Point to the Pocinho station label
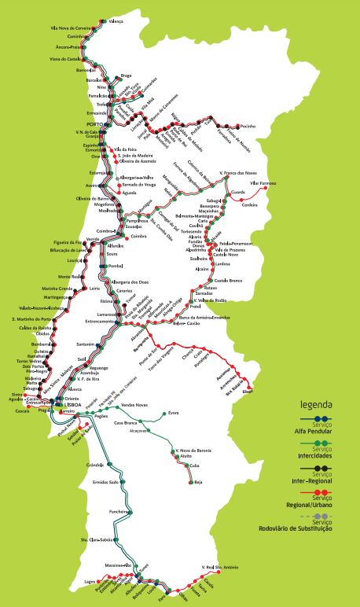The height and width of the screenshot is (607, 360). (x=248, y=126)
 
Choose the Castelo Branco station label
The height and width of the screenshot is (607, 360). (x=229, y=280)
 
